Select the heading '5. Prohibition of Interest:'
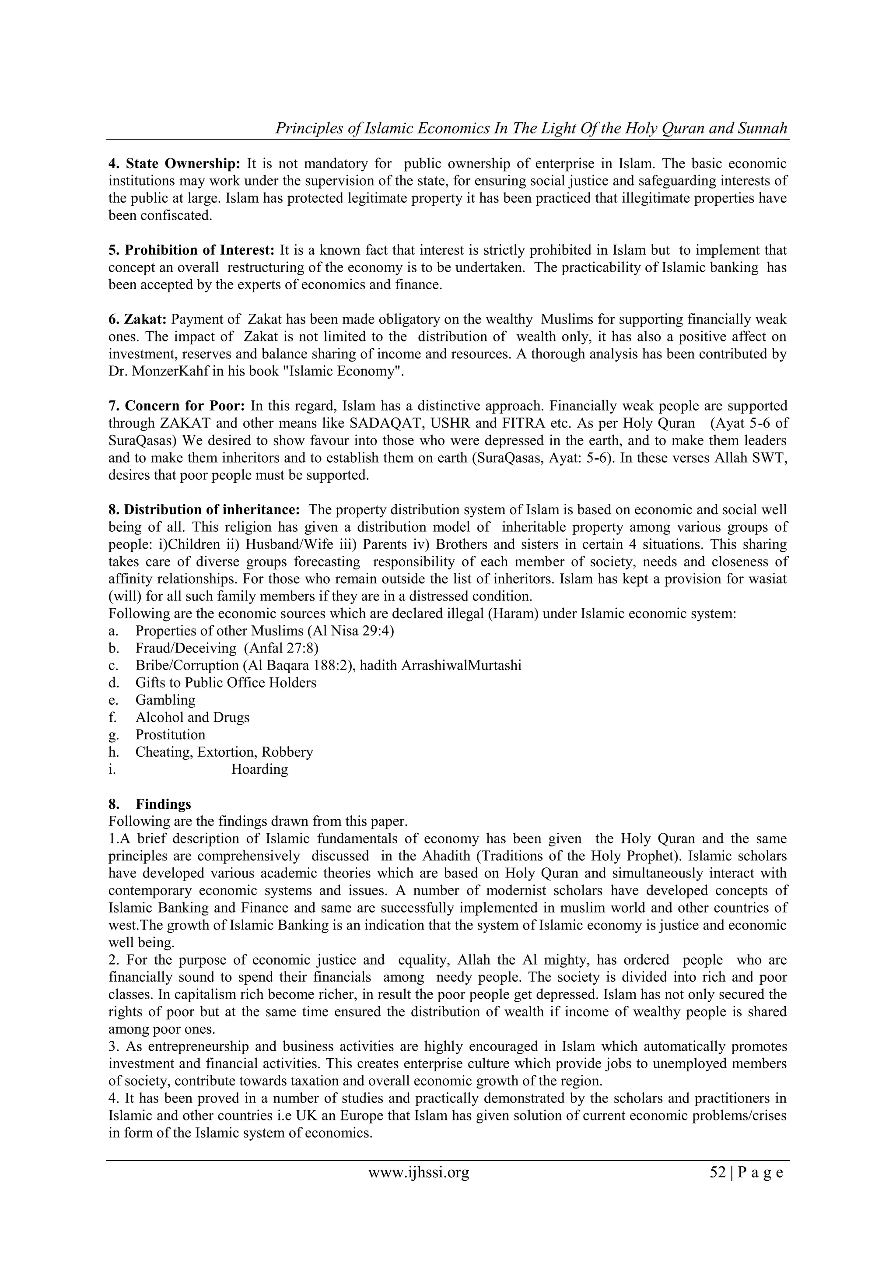point(191,250)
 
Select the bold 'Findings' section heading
point(163,804)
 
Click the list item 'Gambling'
point(165,700)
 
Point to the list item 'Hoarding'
point(259,769)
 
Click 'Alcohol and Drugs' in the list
point(192,717)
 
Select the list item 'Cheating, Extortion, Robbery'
point(224,751)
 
